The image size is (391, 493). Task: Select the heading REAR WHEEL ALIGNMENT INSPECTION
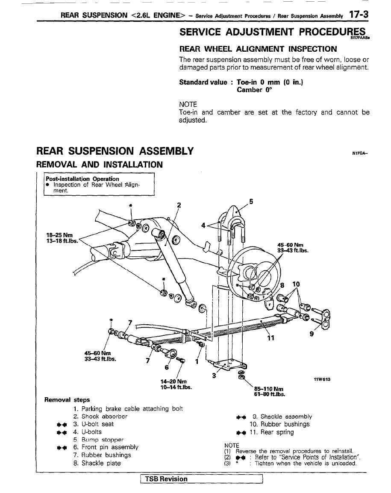point(258,48)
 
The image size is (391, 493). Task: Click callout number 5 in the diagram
point(251,201)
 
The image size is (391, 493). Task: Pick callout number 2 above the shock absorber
point(179,204)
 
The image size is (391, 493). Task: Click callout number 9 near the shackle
point(312,335)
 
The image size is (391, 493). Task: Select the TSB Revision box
point(167,479)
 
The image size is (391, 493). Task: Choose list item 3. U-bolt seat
point(93,424)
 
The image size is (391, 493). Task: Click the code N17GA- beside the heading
point(360,152)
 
